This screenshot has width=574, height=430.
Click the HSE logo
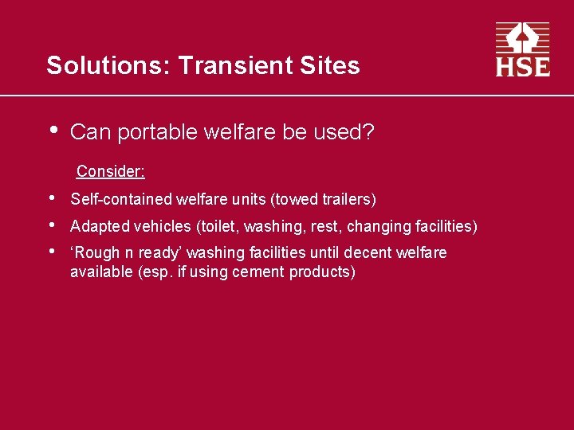pos(523,49)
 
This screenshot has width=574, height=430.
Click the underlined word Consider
pos(110,171)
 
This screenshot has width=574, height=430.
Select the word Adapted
pos(100,226)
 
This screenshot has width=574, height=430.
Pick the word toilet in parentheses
pos(218,226)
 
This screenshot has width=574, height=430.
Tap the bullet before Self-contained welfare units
pos(52,197)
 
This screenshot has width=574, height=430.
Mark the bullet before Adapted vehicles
pos(52,225)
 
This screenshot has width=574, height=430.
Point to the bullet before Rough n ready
pos(52,252)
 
